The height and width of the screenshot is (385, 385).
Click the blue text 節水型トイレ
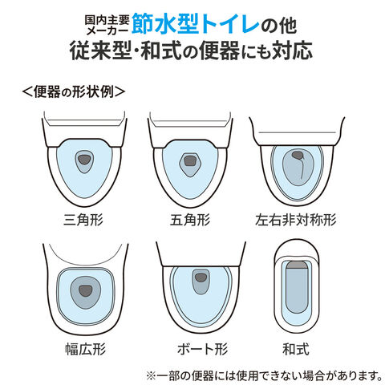click(x=196, y=25)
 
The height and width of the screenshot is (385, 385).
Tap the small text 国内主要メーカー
click(x=107, y=25)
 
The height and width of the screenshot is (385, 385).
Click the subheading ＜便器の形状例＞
click(x=74, y=92)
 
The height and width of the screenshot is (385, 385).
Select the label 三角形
click(x=83, y=220)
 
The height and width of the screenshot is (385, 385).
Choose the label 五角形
click(x=190, y=220)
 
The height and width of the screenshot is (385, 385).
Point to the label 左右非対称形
click(x=296, y=220)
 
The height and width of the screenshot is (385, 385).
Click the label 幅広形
click(x=86, y=349)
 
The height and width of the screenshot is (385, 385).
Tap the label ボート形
click(x=203, y=349)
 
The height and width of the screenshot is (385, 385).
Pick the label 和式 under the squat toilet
click(x=296, y=349)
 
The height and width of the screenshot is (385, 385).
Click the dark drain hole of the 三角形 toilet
click(x=84, y=160)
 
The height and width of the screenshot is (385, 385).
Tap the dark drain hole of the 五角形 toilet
click(x=189, y=160)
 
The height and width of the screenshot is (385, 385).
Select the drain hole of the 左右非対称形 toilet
click(x=297, y=155)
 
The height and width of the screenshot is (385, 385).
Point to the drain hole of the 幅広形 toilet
click(x=86, y=290)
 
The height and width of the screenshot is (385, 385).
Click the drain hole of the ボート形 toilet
click(x=201, y=278)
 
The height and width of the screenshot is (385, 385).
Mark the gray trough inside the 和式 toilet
click(x=297, y=287)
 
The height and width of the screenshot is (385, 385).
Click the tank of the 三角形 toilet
click(x=84, y=128)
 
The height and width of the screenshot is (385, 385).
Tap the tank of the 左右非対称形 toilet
click(x=297, y=132)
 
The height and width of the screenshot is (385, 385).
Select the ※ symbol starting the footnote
click(x=151, y=375)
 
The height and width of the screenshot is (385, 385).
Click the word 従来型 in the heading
click(x=100, y=51)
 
